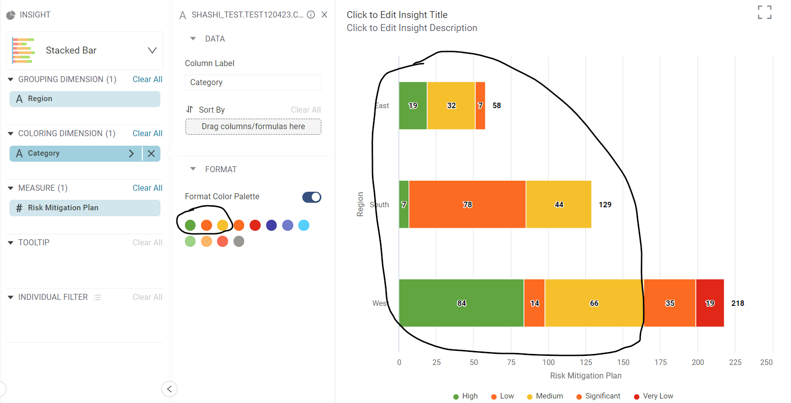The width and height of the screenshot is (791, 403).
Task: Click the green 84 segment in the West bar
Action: click(x=461, y=303)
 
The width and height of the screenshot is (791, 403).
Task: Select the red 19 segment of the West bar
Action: click(x=709, y=303)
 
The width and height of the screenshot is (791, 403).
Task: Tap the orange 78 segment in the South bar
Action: click(x=467, y=204)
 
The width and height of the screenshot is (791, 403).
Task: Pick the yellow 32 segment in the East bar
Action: click(x=451, y=105)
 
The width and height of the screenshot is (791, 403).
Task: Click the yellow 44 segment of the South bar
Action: click(x=558, y=204)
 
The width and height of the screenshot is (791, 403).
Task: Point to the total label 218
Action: click(x=737, y=303)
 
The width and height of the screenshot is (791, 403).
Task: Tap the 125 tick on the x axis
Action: click(x=585, y=362)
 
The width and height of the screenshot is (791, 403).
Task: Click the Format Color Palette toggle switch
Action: click(x=311, y=197)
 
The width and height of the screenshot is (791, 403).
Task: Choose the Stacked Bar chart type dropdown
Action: click(x=85, y=51)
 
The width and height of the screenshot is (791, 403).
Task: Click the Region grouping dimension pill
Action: click(x=85, y=99)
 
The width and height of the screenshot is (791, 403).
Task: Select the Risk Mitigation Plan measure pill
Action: click(x=85, y=208)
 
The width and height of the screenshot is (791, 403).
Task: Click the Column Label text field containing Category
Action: click(x=253, y=83)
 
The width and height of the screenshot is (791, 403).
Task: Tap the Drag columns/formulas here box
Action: click(x=253, y=127)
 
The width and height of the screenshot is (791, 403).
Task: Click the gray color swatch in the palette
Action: click(x=239, y=241)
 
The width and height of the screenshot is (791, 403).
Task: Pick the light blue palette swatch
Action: click(x=304, y=225)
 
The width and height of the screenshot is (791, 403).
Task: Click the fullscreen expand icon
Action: click(x=764, y=13)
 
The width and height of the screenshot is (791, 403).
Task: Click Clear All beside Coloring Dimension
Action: click(x=147, y=133)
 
